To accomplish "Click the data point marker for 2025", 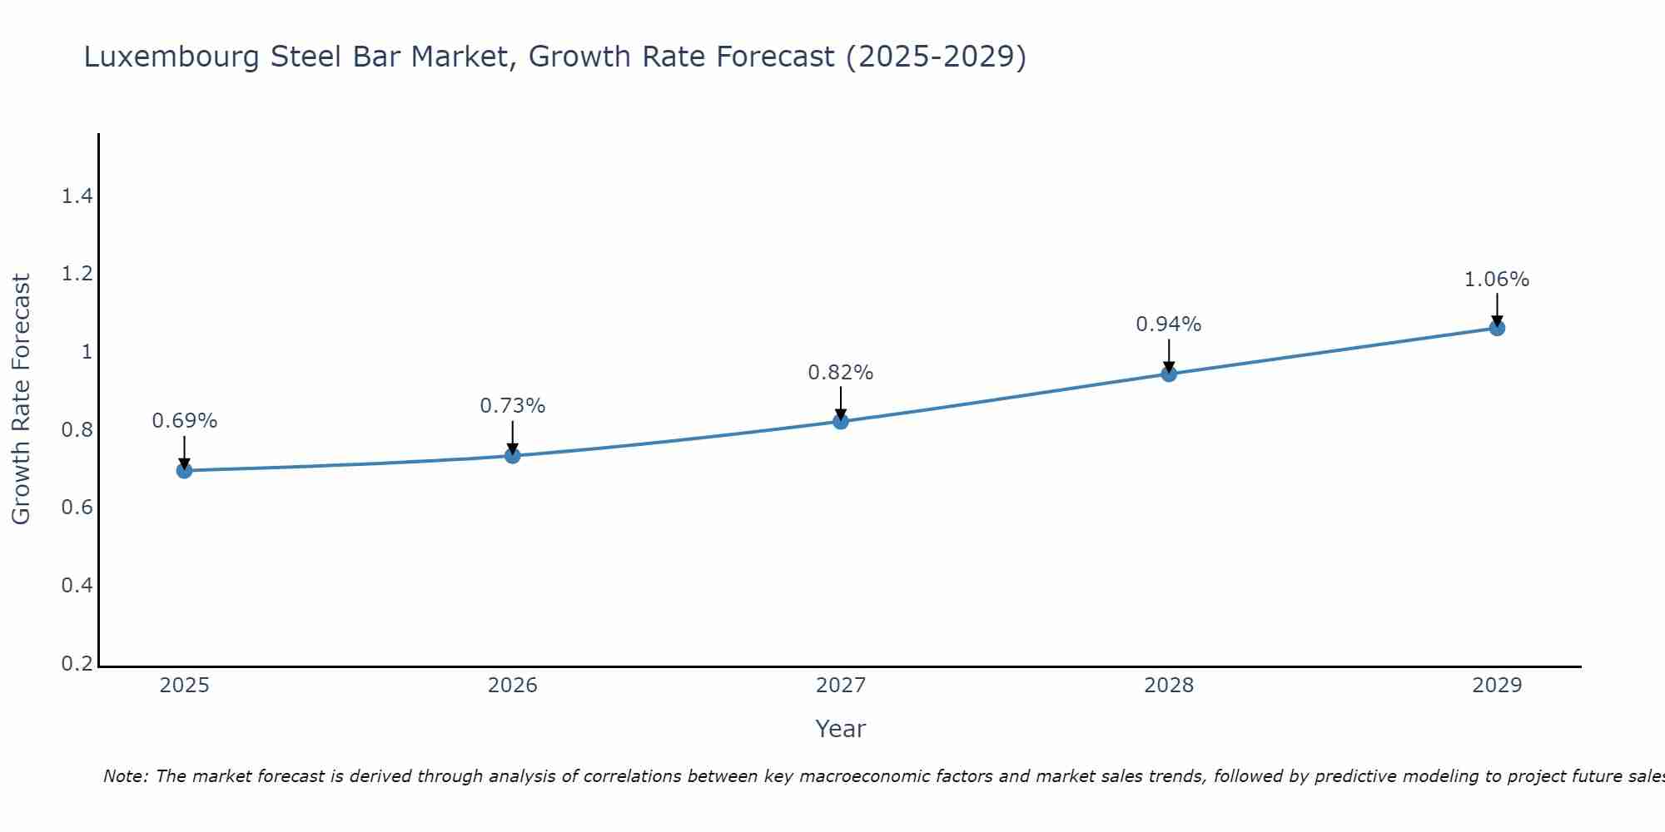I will pos(184,471).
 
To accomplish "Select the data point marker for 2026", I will pos(512,455).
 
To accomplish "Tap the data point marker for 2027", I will pos(841,421).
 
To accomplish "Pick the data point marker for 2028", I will pos(1169,374).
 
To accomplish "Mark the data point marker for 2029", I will pos(1497,328).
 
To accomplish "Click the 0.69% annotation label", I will pos(184,421).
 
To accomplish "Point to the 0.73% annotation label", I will pos(512,406).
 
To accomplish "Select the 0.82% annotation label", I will pos(841,373).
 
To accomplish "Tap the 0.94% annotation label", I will pos(1169,324).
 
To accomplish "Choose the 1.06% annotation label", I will pos(1497,280).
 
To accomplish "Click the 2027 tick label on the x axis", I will pos(841,686).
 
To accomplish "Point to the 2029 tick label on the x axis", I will pos(1497,686).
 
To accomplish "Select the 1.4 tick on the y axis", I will pos(77,196).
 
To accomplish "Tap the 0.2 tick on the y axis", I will pos(77,663).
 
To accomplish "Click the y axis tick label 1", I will pos(87,352).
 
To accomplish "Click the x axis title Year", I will pos(841,729).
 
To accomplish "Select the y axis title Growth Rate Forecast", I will pos(21,399).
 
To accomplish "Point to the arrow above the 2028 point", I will pos(1169,355).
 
